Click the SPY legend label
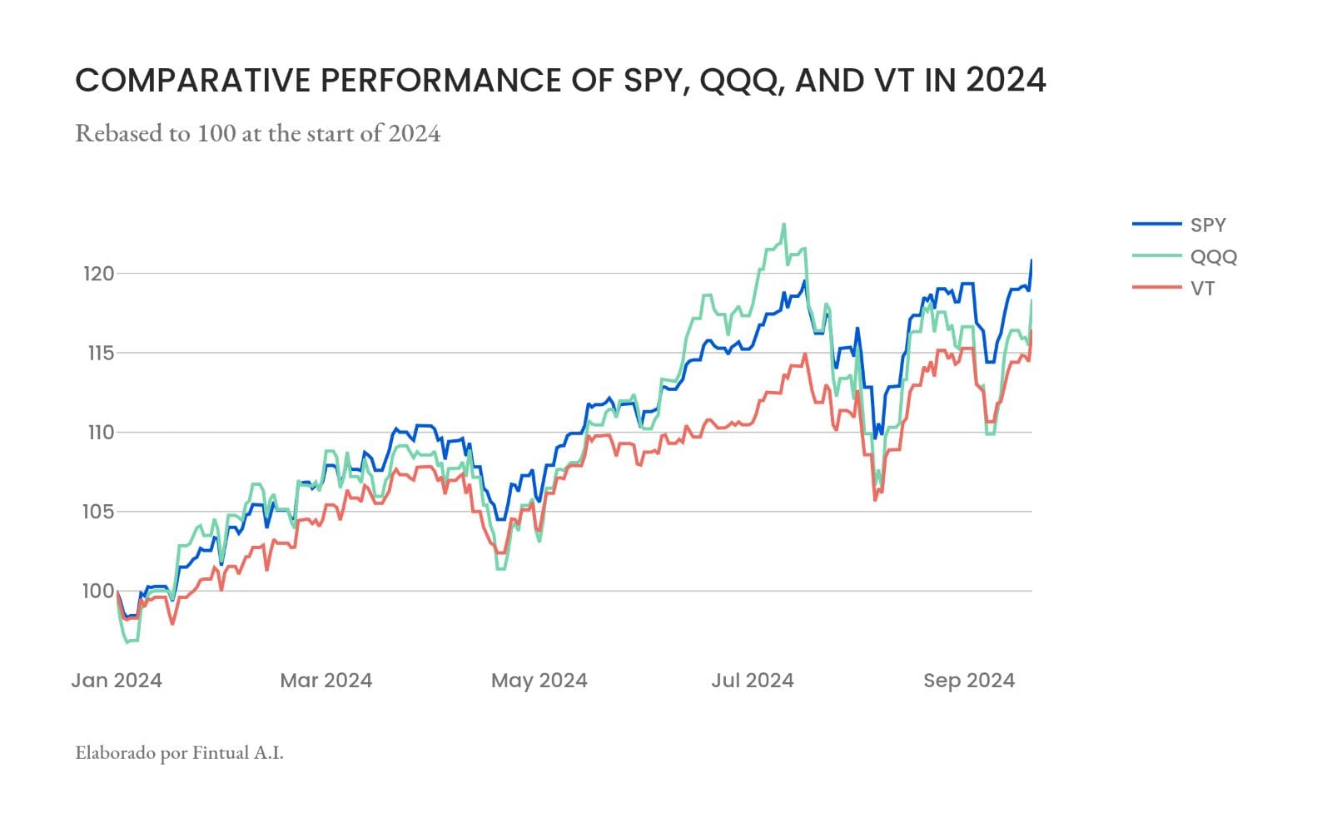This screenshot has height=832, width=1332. [x=1208, y=225]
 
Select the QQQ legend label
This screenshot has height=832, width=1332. [x=1213, y=256]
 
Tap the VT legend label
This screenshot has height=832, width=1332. [x=1202, y=288]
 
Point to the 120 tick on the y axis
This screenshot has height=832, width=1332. [x=98, y=273]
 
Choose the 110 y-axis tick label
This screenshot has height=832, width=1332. [x=98, y=432]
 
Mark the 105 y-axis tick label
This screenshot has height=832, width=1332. [x=98, y=512]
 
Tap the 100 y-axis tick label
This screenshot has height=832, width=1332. [x=98, y=591]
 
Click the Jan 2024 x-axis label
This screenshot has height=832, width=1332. [x=117, y=681]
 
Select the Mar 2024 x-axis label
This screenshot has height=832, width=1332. [x=326, y=681]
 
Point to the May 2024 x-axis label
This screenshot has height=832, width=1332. [x=539, y=681]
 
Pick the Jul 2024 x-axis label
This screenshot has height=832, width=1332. [x=752, y=681]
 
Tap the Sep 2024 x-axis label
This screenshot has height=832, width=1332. [x=968, y=681]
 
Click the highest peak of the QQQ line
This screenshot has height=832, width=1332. [x=783, y=225]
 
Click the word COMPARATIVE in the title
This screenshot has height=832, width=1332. [x=193, y=81]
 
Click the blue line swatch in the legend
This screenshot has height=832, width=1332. [x=1156, y=225]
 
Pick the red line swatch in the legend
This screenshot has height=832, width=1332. [x=1156, y=288]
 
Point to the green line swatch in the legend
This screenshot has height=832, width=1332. [x=1156, y=256]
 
